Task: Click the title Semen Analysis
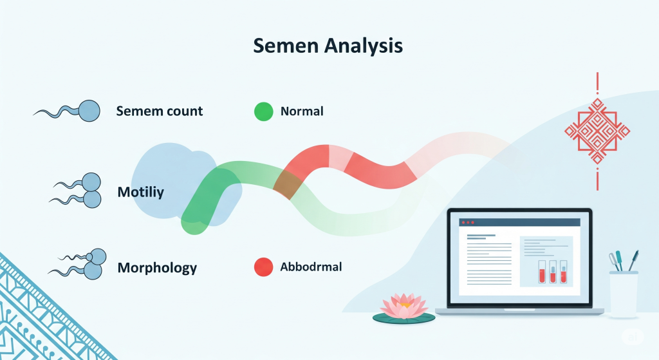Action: click(328, 46)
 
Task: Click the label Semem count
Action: click(160, 111)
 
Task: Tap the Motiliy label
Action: click(141, 192)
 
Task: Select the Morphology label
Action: click(157, 268)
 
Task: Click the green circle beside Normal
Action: click(263, 111)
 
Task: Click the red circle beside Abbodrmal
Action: click(263, 267)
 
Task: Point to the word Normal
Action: click(302, 111)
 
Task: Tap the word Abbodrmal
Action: click(311, 267)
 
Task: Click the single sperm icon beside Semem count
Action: click(67, 111)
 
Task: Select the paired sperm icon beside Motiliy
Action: click(77, 191)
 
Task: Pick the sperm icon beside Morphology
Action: click(78, 264)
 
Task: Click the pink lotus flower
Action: click(404, 306)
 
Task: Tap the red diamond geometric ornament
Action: click(597, 131)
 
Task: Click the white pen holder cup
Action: click(624, 294)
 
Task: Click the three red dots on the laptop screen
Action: click(468, 222)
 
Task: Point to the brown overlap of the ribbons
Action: click(288, 184)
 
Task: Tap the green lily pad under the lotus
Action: click(404, 318)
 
